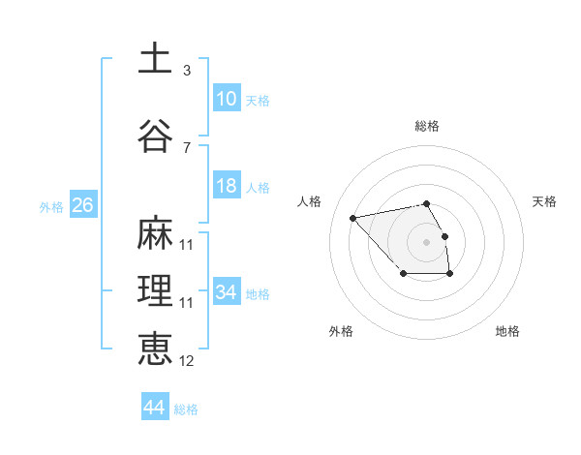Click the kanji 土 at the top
(155, 58)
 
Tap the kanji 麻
(155, 233)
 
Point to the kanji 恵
(155, 349)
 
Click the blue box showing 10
(227, 99)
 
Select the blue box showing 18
(227, 186)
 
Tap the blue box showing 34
(227, 292)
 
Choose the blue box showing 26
(82, 205)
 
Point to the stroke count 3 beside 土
(187, 71)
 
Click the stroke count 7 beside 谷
(187, 148)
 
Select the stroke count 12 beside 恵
(187, 361)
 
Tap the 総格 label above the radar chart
(427, 126)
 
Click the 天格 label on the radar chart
(544, 201)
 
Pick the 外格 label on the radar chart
(341, 331)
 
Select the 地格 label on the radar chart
(507, 331)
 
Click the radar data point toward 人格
(353, 217)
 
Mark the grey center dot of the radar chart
(427, 240)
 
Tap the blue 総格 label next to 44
(186, 409)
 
